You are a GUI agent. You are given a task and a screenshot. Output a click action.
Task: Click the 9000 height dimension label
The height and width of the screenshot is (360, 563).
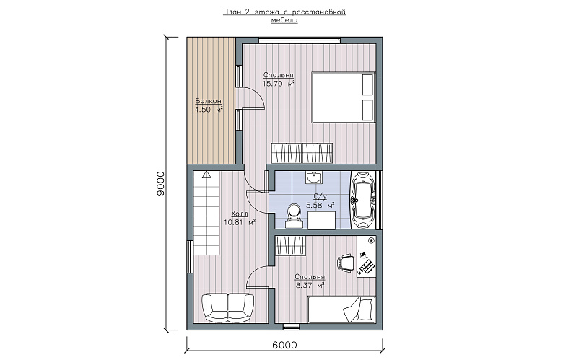coord(160,183)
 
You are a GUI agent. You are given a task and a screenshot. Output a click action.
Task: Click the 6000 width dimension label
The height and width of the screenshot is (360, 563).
coord(284,346)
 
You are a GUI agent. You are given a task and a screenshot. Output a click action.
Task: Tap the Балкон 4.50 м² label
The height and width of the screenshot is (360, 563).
coord(209,105)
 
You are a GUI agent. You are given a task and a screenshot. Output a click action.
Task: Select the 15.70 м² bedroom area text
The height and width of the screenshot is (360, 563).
coord(279,84)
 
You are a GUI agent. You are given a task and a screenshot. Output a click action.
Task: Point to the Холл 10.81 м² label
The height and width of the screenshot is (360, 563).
coord(240,218)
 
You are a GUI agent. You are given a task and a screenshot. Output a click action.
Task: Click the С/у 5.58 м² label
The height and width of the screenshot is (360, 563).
coord(320,201)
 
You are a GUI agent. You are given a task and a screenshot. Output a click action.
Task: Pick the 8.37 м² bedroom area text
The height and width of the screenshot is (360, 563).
coord(310,286)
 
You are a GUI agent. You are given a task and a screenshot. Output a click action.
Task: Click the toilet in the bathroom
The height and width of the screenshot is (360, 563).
coord(294,216)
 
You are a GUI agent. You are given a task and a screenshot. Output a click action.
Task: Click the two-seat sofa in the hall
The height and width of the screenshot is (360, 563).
coord(227,307)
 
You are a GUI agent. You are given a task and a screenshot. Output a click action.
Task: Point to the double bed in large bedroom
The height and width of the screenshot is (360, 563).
coord(344,97)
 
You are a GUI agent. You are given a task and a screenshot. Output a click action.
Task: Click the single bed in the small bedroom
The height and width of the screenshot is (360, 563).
coord(342,309)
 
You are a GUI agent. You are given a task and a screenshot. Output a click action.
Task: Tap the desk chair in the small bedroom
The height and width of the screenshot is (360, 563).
coord(346,263)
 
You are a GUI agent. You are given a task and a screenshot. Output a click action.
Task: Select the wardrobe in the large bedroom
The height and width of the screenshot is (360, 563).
coord(302,153)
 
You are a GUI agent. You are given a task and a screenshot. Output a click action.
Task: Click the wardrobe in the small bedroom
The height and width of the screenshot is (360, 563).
coord(290,245)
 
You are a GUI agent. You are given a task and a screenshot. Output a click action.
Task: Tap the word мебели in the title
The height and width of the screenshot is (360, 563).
coord(284,20)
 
